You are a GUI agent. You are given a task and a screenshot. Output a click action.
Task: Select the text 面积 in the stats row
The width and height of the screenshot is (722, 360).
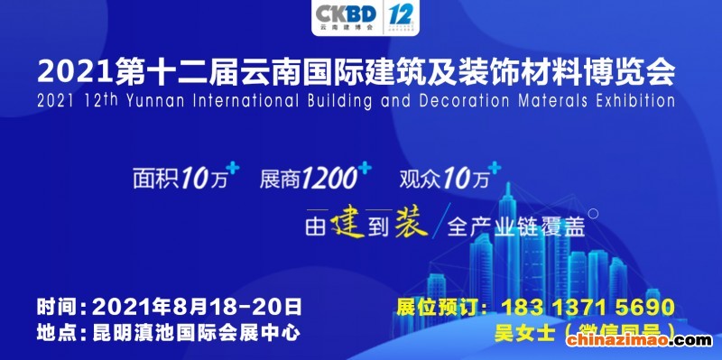[152, 178]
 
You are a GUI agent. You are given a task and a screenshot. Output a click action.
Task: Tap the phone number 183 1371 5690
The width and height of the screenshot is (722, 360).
[588, 305]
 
